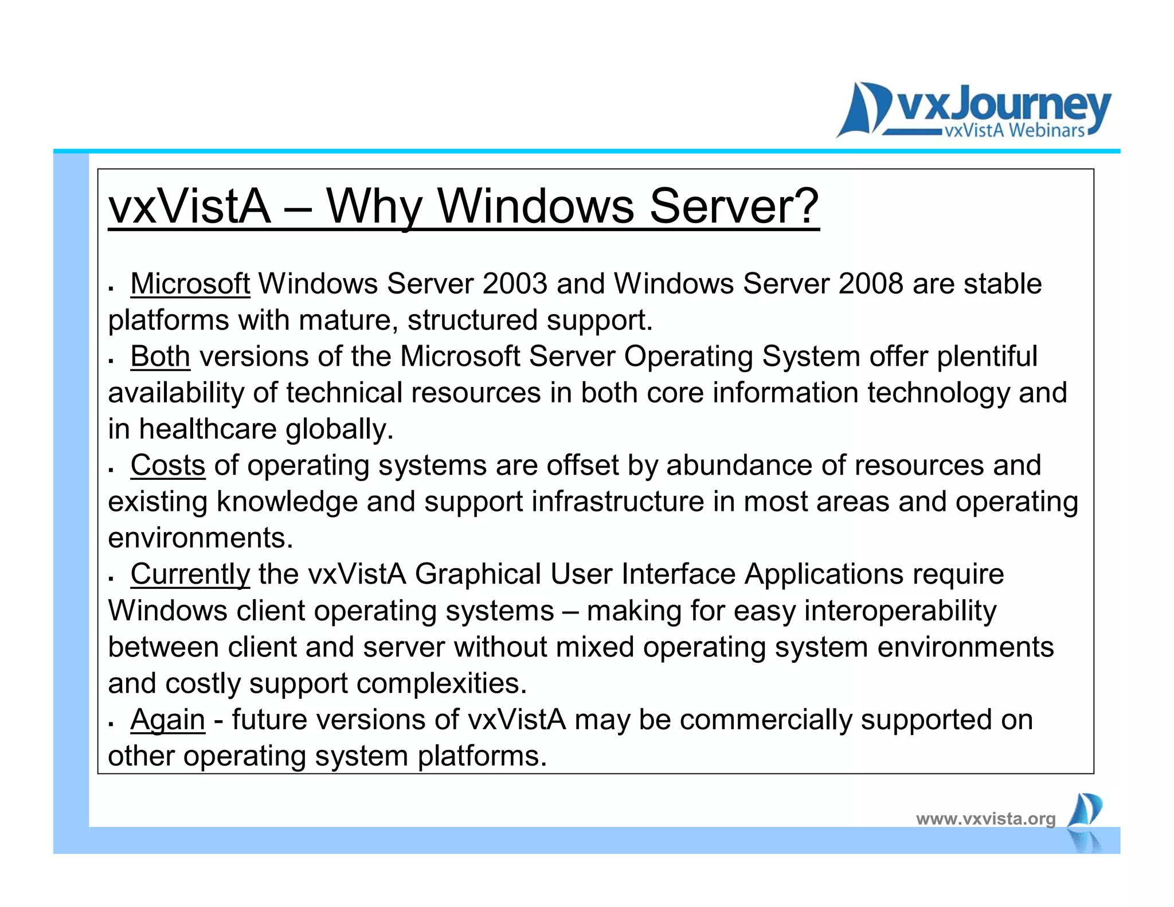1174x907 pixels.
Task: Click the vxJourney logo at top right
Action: (973, 110)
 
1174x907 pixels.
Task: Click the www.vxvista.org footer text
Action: (985, 819)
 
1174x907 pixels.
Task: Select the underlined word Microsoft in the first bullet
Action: (190, 284)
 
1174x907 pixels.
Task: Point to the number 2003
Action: (515, 284)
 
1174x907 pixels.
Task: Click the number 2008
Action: (871, 284)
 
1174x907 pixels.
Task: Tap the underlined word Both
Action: (160, 357)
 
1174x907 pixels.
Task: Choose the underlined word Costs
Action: (167, 466)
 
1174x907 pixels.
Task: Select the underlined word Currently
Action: (190, 574)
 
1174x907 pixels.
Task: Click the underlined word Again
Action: (167, 720)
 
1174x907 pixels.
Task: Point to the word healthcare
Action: (208, 429)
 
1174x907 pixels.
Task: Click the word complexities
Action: (441, 683)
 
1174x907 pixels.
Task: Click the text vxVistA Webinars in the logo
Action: (1014, 131)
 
